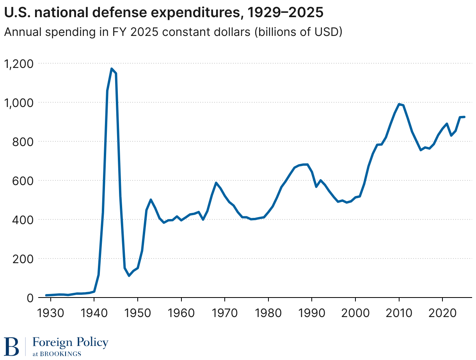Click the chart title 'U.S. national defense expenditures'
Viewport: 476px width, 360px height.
coord(163,12)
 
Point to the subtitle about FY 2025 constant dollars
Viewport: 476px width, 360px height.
coord(173,32)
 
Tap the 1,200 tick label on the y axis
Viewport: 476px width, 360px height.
coord(18,63)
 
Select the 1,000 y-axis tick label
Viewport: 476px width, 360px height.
coord(18,102)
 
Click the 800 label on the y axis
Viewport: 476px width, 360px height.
coord(23,141)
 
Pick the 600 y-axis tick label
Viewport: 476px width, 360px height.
coord(23,180)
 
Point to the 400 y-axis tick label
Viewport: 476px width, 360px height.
coord(23,219)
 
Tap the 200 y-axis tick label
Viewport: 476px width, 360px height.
coord(23,258)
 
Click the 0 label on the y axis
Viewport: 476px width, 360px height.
coord(30,298)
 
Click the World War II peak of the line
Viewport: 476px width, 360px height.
coord(112,69)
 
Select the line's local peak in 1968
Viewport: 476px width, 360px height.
coord(216,183)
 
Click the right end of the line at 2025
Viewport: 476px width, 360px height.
coord(464,117)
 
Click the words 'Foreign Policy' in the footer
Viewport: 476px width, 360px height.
coord(70,342)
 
